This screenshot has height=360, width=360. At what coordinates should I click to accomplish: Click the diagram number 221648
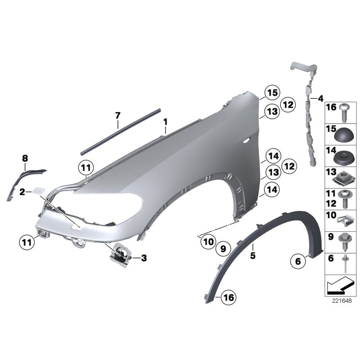click(x=342, y=301)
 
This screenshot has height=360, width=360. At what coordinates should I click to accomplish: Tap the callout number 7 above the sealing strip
click(x=118, y=115)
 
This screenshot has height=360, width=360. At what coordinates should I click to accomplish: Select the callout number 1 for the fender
click(x=165, y=122)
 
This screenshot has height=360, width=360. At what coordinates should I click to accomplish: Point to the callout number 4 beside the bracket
click(x=320, y=99)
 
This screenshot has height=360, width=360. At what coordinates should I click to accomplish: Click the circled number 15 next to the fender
click(x=272, y=93)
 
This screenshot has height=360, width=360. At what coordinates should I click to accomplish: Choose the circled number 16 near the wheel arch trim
click(x=229, y=297)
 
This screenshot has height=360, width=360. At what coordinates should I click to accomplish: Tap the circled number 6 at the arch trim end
click(x=298, y=261)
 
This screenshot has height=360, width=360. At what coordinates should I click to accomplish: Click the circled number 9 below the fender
click(x=223, y=249)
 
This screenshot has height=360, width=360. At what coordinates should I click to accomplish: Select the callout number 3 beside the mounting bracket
click(x=144, y=258)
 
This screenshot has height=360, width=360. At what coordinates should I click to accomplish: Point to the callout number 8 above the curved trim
click(x=25, y=158)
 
